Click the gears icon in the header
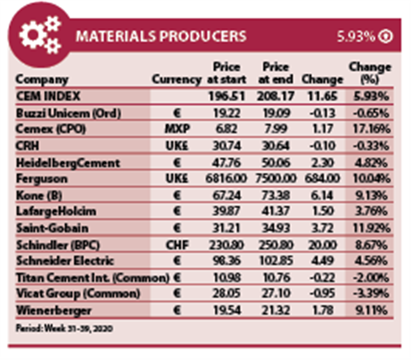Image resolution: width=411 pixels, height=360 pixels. pyautogui.click(x=39, y=35)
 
